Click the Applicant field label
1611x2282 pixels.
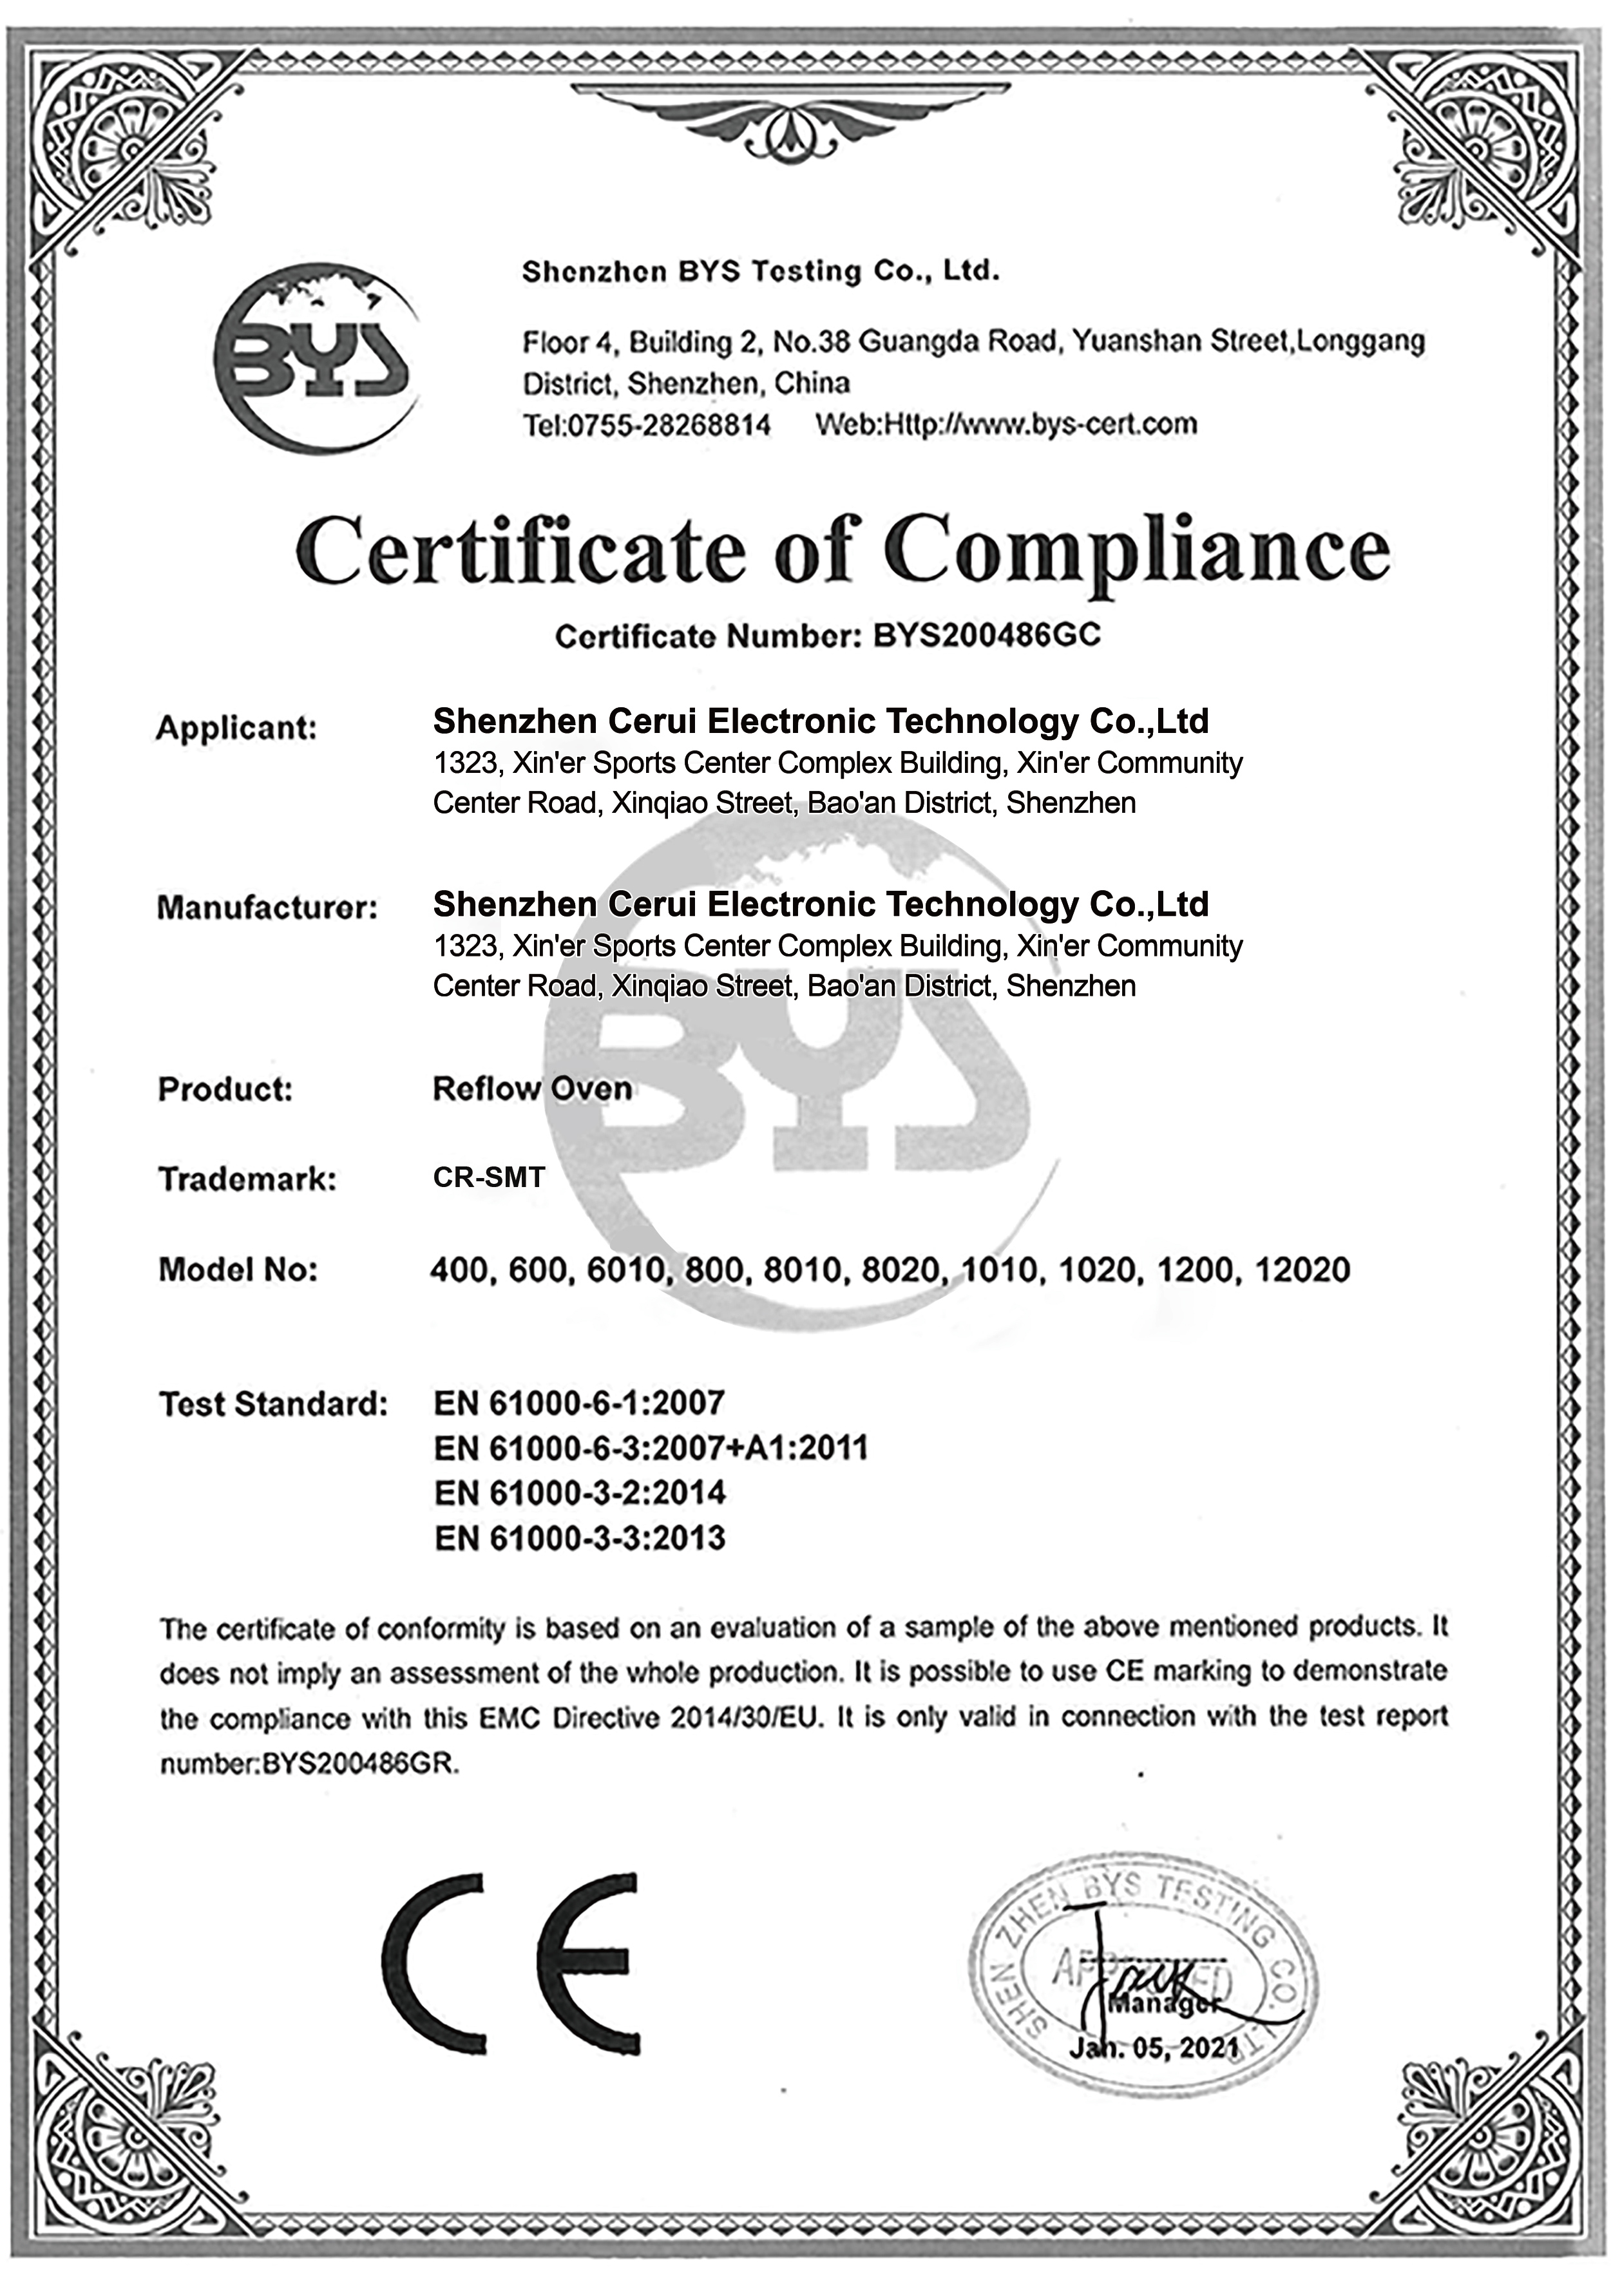[236, 728]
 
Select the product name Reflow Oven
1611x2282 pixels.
[531, 1089]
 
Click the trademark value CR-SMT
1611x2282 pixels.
[488, 1178]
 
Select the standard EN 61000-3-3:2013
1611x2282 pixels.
[579, 1539]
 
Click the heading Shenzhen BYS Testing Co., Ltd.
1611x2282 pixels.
[760, 271]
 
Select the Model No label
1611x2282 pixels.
[238, 1269]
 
